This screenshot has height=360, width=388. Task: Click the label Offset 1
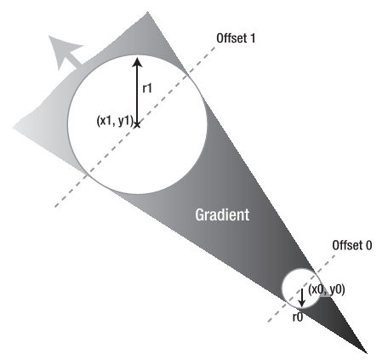(x=236, y=38)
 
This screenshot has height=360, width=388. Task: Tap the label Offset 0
(x=352, y=245)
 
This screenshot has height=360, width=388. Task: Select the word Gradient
(x=222, y=214)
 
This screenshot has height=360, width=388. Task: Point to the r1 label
(x=147, y=89)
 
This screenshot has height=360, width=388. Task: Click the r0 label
(x=298, y=317)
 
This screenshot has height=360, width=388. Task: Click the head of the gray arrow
(x=62, y=49)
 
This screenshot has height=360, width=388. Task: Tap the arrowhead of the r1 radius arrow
(x=137, y=62)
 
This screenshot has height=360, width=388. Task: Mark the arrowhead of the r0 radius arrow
(x=302, y=303)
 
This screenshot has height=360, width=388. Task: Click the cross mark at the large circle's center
(x=137, y=124)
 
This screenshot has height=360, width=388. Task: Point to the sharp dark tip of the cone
(x=367, y=353)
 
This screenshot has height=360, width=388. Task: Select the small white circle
(x=300, y=289)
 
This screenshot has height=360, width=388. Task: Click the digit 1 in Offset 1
(x=252, y=38)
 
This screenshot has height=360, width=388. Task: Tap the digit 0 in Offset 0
(x=368, y=246)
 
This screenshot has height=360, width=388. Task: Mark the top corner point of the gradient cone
(x=147, y=12)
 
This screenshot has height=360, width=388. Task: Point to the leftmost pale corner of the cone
(x=13, y=128)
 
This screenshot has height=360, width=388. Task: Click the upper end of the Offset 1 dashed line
(x=215, y=48)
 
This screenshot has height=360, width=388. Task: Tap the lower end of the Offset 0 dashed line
(x=269, y=322)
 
